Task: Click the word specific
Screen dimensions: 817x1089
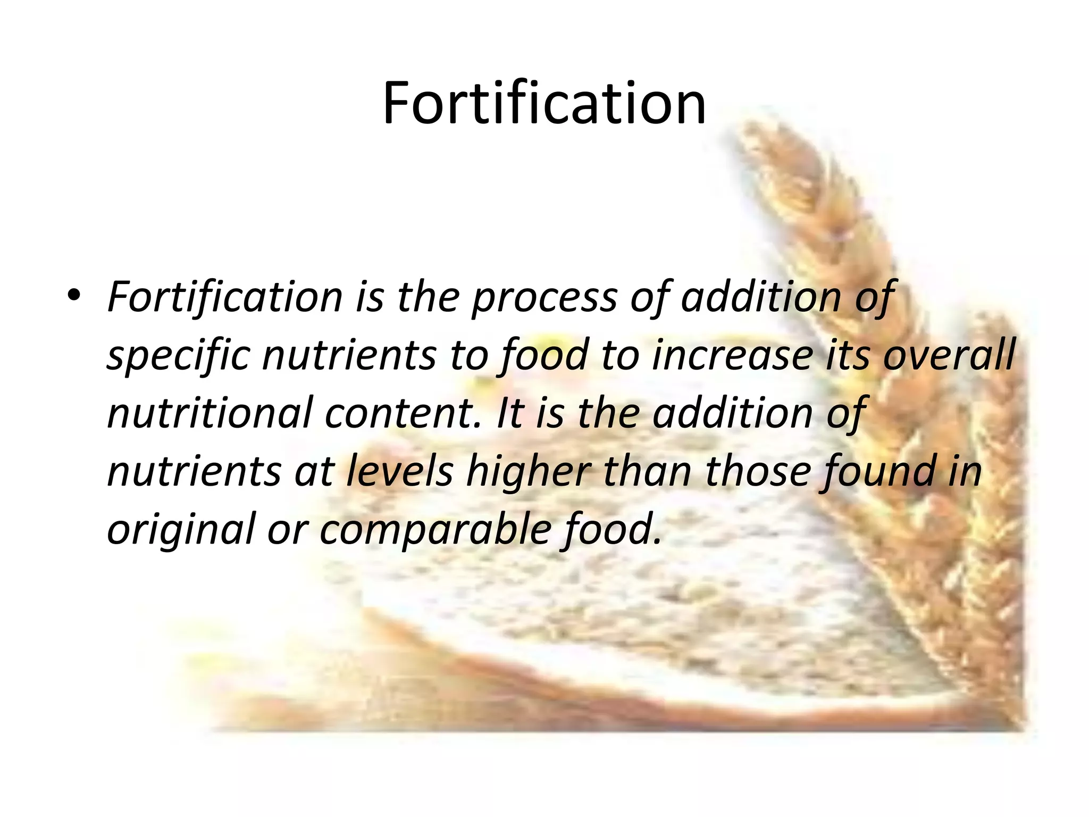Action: tap(179, 356)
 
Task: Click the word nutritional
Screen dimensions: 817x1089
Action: tap(210, 414)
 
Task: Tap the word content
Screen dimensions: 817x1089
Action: tap(404, 414)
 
